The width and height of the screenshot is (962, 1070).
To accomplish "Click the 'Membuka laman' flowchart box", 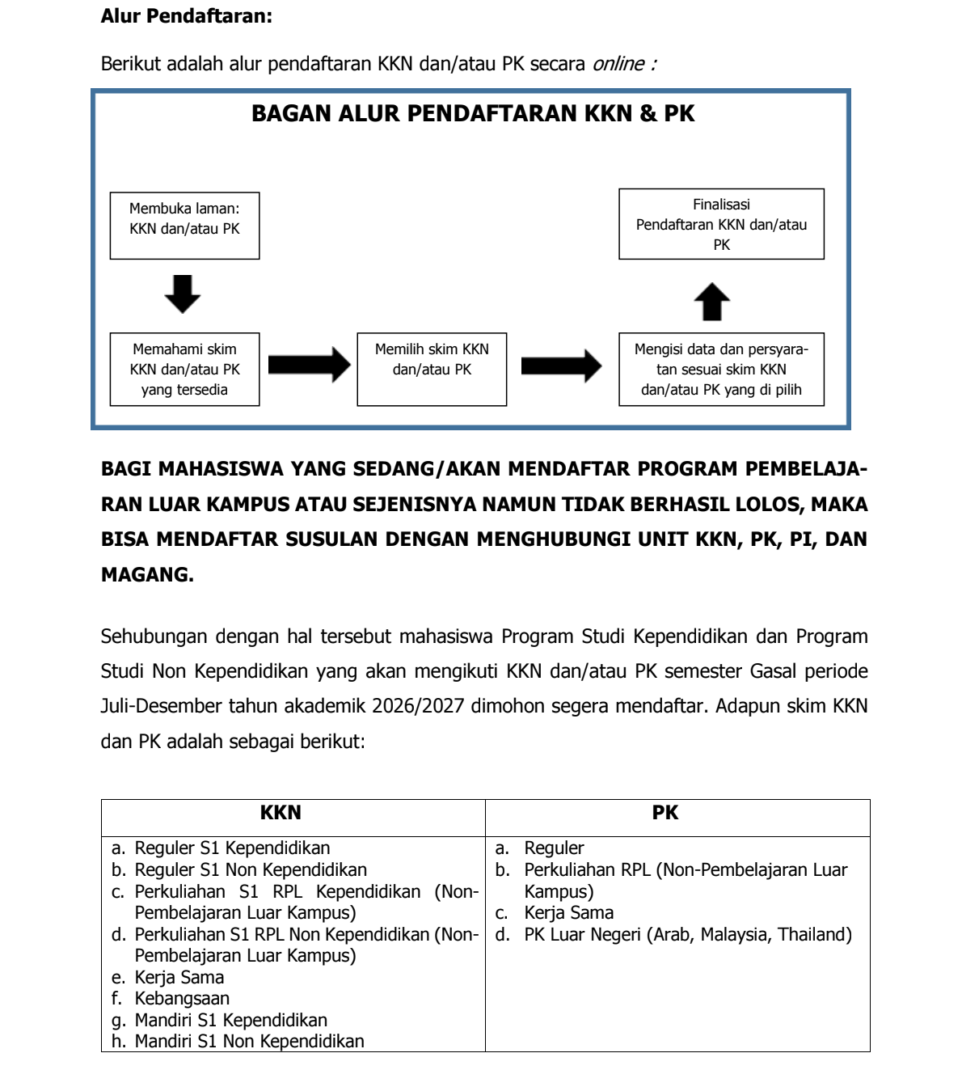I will coord(184,225).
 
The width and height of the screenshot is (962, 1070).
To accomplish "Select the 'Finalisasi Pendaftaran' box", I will coord(721,224).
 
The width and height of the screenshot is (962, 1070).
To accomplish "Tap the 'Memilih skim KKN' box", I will coord(432,369).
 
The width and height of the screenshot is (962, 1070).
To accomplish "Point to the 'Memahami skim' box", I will coord(184,369).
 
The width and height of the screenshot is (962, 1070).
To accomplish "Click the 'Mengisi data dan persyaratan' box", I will coord(721,369).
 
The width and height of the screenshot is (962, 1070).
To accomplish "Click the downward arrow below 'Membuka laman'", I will coord(183,294).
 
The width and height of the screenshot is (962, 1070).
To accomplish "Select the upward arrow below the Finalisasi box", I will coord(712,302).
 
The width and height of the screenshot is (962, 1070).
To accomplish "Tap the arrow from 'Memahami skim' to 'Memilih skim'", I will coord(309,365).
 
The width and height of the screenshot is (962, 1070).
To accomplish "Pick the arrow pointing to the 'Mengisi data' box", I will coord(561,366).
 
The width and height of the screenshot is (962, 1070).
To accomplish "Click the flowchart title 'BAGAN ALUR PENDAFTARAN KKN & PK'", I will coord(473,113).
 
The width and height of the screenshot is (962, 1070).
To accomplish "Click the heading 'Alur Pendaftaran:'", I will coord(186,15).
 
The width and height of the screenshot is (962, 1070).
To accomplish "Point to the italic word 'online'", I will coord(619,64).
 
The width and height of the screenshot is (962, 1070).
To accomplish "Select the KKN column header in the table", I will coord(281,813).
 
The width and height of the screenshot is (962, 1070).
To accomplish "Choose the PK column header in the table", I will coord(665,813).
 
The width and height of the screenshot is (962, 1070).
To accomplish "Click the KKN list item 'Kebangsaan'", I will coord(182,999).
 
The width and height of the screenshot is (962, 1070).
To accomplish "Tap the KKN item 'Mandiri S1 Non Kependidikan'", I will coord(249,1042).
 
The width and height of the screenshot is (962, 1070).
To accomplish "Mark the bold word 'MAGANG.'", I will coord(147,575).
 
